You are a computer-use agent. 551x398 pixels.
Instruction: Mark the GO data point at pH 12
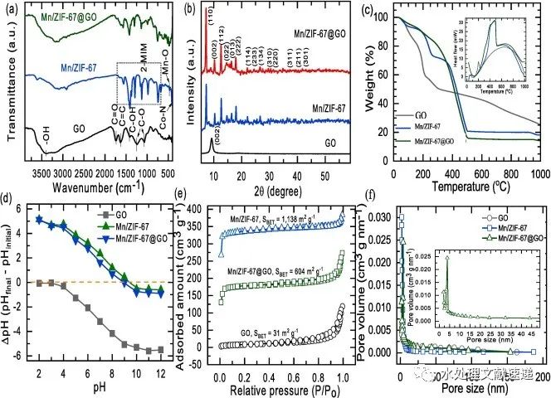pos(158,349)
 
